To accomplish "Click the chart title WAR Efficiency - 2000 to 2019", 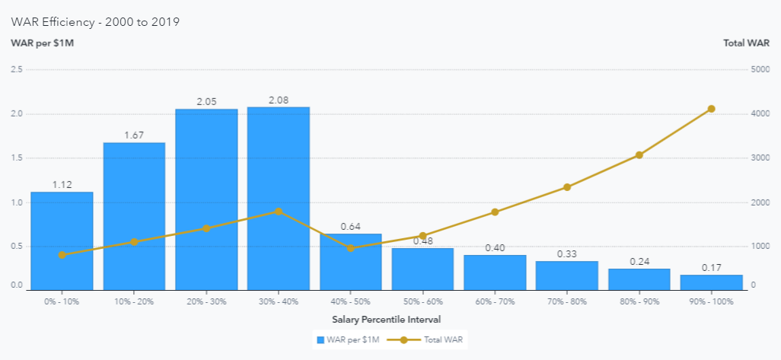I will (95, 21).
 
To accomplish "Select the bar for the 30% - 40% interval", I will (279, 198).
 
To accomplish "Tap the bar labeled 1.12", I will (62, 241).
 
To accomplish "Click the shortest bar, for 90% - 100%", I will (711, 282).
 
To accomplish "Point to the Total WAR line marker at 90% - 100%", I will (711, 109).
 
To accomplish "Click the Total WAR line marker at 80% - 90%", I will (639, 155).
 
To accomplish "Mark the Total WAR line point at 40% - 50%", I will (351, 248).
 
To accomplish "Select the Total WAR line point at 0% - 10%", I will (62, 255).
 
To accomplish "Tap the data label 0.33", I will (567, 253).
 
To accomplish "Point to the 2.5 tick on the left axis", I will (16, 69).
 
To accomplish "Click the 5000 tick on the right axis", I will (760, 69).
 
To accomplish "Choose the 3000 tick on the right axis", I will (760, 158).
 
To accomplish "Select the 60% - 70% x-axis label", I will (495, 301).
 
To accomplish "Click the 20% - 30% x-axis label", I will (206, 301).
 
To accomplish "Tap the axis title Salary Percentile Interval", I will (387, 319).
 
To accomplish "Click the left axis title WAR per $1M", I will (42, 43).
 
